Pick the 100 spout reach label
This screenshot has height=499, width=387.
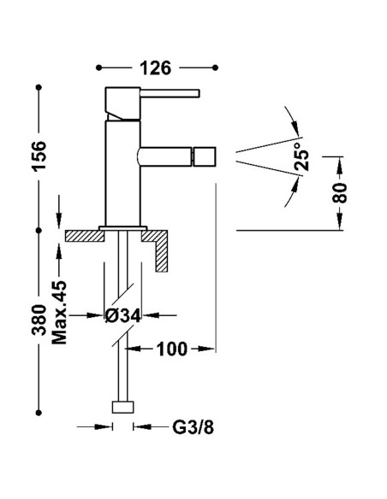[x=171, y=349]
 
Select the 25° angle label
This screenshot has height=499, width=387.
[x=302, y=159]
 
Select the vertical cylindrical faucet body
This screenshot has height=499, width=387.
[x=117, y=171]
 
